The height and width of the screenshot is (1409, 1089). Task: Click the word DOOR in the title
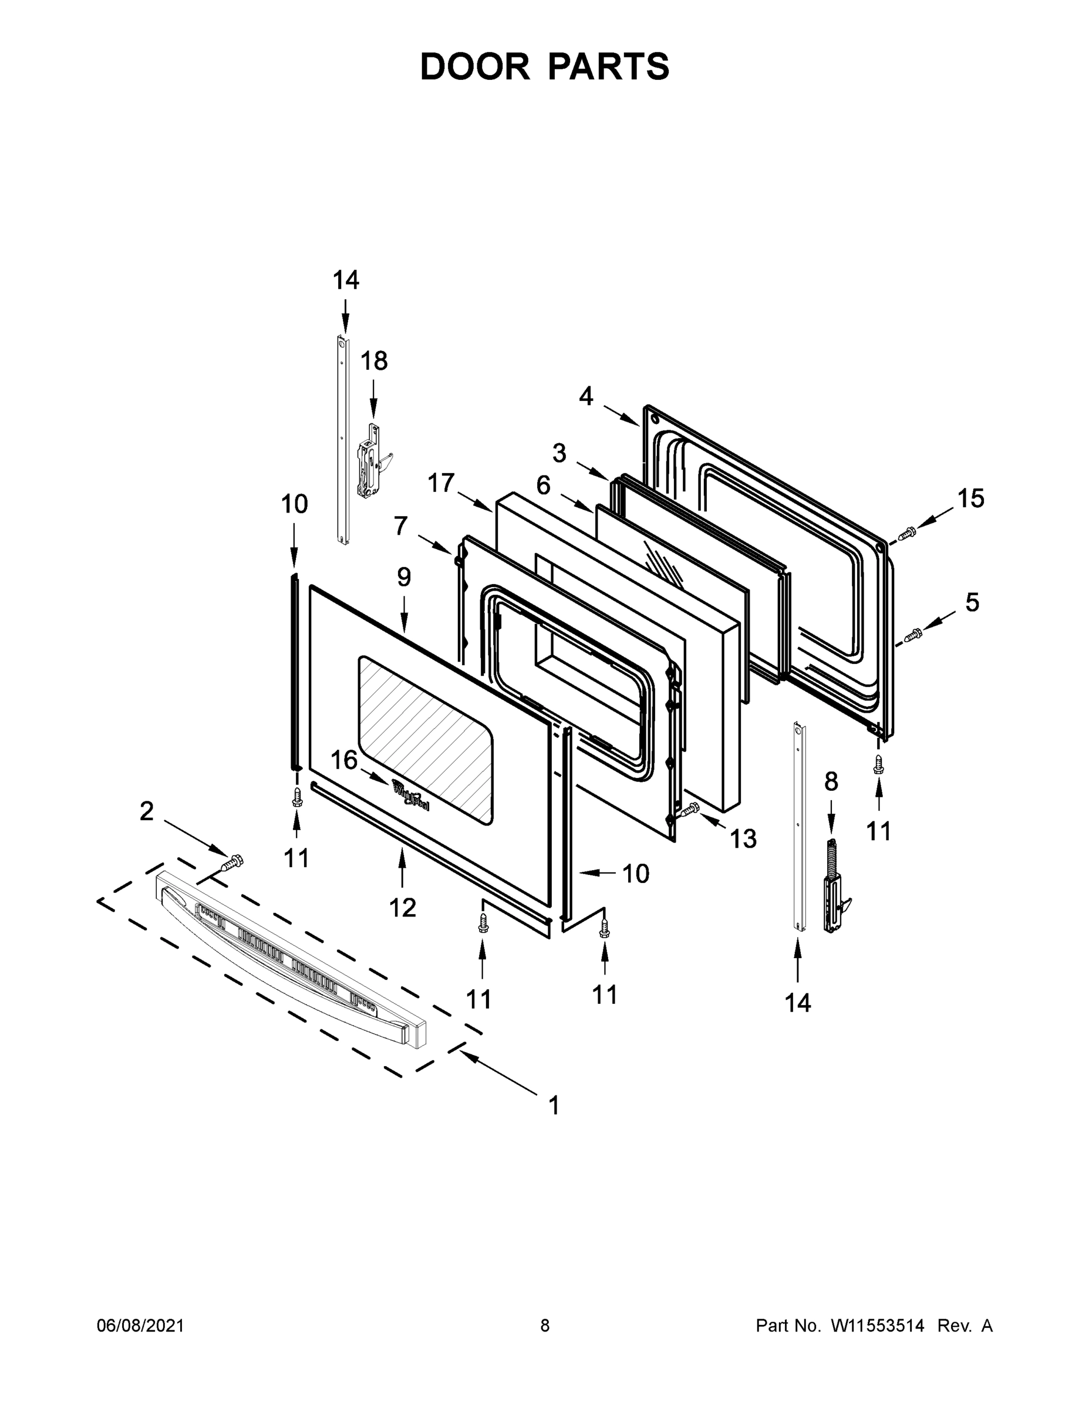click(x=474, y=66)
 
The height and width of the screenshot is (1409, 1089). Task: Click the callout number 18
click(x=373, y=360)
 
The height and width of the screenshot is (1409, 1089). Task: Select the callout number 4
click(x=585, y=396)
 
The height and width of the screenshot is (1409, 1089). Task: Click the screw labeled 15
click(x=907, y=533)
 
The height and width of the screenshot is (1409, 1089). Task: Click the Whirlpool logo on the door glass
click(x=410, y=794)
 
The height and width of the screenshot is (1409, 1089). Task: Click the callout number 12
click(x=402, y=908)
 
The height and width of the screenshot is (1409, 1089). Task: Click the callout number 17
click(x=441, y=483)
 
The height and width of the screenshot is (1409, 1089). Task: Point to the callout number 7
click(x=400, y=526)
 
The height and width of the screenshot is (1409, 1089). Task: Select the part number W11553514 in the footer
click(x=878, y=1326)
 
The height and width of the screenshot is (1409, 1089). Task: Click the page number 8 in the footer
click(x=545, y=1326)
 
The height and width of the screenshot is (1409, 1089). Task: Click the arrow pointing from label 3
click(x=592, y=470)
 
